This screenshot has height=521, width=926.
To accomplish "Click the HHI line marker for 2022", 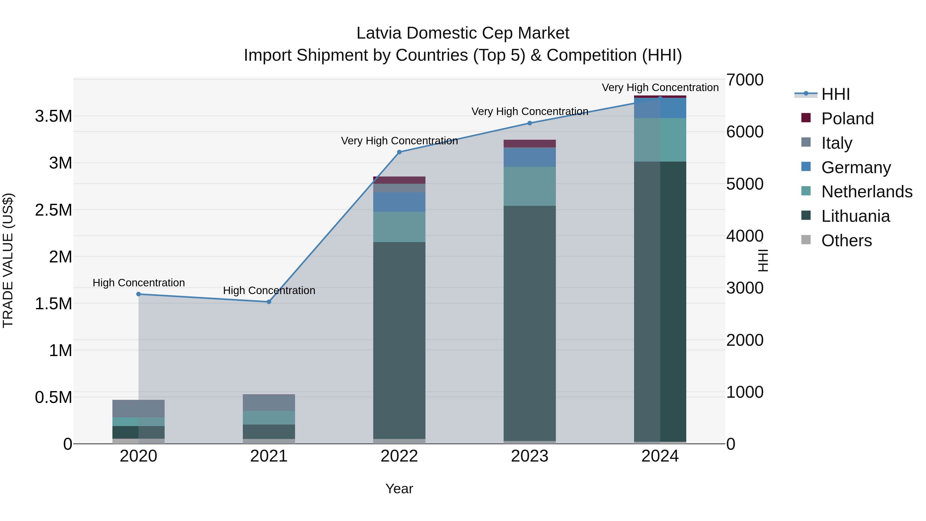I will click(399, 152).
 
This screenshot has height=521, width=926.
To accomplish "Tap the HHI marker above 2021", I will click(269, 302).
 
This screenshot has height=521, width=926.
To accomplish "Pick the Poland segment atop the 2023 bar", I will click(530, 144).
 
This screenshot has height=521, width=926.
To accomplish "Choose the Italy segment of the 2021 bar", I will click(269, 403).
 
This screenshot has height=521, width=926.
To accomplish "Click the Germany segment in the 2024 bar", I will click(660, 108).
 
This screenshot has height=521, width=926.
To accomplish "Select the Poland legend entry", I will click(847, 119).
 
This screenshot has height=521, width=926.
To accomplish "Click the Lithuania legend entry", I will click(855, 216).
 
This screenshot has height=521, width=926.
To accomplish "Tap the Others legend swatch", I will click(806, 240).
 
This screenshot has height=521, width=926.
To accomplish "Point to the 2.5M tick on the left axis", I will click(54, 210).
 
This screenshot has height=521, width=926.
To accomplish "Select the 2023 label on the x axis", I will click(530, 456).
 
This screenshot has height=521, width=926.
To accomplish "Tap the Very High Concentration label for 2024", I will click(660, 87).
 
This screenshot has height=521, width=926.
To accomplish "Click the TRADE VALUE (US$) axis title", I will click(8, 260).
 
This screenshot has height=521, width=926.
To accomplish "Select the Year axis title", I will click(399, 489).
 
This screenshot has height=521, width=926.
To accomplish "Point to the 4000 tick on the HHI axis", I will click(744, 236).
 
